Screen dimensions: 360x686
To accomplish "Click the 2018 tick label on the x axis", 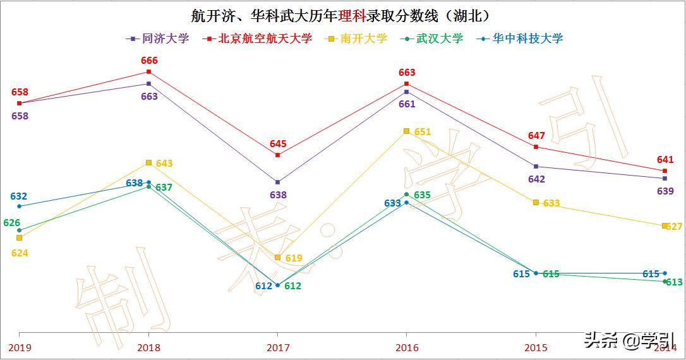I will point(148,347).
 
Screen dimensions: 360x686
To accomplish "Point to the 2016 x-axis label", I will point(406,347).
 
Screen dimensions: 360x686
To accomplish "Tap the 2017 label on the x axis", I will point(278,347).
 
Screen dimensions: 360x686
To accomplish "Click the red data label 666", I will point(149,61).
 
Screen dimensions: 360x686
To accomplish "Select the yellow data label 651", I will point(423,132).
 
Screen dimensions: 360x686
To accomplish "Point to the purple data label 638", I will point(278,195).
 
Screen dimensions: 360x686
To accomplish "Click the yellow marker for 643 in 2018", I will point(148,162).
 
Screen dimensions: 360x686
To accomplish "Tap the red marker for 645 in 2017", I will point(278,155).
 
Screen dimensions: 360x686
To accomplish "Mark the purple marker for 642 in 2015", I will point(536,167).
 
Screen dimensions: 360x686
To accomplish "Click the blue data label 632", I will point(19,196).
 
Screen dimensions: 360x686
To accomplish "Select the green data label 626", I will point(11,223).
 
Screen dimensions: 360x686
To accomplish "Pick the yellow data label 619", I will point(294,258).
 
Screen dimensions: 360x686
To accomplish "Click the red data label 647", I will point(536,136).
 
